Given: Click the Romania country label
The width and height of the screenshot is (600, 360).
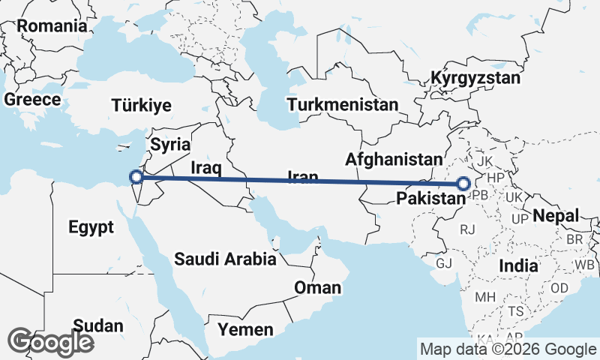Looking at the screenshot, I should coord(52,25).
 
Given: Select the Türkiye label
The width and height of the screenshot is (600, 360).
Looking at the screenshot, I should coord(142,105).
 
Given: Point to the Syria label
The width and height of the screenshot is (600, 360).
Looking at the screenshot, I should coord(170,144).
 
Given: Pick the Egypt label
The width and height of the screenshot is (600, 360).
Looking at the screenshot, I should coord(90,226).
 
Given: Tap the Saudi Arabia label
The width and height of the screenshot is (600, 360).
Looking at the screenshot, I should coord(225,259).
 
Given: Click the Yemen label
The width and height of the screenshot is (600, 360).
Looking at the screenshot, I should coord(245,329).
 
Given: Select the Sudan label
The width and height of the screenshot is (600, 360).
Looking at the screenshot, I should coord(98,325).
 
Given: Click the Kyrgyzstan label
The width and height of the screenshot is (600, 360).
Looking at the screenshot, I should coord(475,78).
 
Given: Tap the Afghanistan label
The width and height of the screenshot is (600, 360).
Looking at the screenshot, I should coord(394,159).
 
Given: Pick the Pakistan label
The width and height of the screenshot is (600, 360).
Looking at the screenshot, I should coord(426,199).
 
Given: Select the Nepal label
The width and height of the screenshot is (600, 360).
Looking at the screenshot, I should coord(556,216).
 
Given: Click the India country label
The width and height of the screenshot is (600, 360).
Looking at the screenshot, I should coord(518,265).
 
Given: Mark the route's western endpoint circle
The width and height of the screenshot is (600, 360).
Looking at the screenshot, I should coord(136,177).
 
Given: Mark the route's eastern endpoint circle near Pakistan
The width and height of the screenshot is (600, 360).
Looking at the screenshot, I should coord(463,183).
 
